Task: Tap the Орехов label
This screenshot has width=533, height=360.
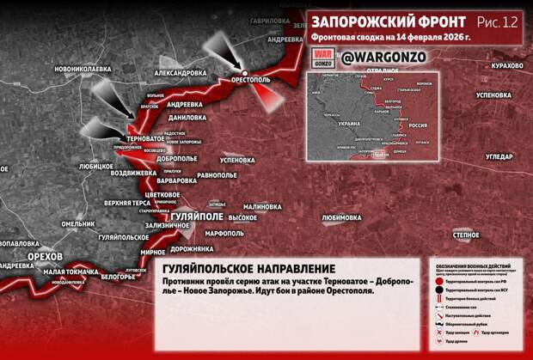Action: coord(44,257)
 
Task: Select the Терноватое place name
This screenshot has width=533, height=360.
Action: coord(145,137)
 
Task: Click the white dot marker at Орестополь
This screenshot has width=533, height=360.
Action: coord(245,71)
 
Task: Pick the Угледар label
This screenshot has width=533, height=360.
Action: coord(499,156)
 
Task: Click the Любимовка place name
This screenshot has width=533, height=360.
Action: coord(341,218)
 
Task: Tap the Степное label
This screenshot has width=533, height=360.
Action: coord(466,234)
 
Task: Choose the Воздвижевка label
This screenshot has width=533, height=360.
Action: coord(129,172)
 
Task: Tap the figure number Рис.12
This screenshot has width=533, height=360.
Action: coord(500,21)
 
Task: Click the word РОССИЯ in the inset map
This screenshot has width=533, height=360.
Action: coord(417,125)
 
